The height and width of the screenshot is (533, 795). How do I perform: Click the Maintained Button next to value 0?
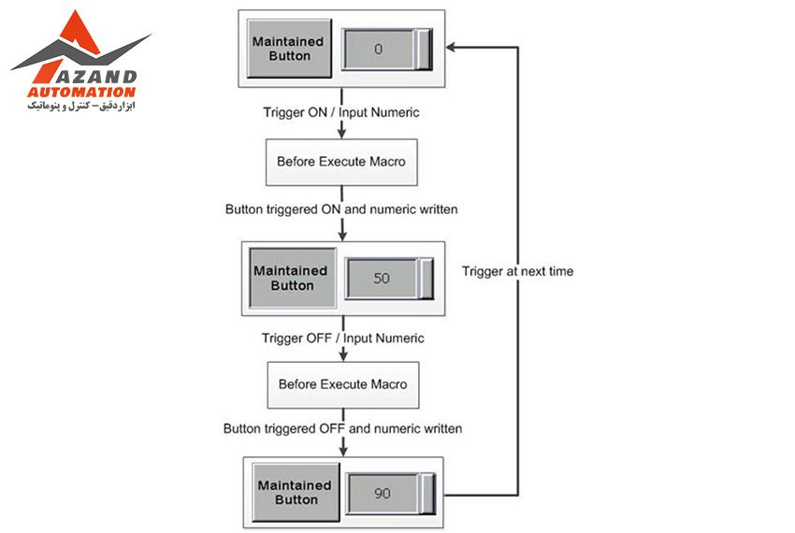click(x=289, y=49)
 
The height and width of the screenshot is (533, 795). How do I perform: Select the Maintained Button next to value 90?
click(x=295, y=493)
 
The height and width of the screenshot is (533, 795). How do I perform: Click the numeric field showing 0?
click(x=379, y=50)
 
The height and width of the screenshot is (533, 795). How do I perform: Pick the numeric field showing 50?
click(x=382, y=279)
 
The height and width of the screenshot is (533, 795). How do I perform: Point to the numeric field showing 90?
click(x=383, y=494)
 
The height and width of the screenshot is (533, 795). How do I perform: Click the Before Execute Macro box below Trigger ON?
click(x=340, y=162)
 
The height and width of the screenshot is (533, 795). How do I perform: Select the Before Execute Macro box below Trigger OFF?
click(x=342, y=384)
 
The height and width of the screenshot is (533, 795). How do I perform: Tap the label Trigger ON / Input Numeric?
click(x=340, y=112)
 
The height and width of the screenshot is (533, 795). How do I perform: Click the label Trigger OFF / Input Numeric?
click(x=342, y=338)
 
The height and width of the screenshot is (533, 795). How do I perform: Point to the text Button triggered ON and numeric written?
click(x=341, y=209)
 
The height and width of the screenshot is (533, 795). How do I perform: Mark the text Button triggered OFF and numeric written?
click(x=342, y=428)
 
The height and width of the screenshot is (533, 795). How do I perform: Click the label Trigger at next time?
click(x=517, y=271)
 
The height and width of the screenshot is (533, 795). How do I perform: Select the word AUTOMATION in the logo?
click(x=81, y=93)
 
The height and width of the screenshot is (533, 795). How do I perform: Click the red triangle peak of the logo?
click(x=72, y=23)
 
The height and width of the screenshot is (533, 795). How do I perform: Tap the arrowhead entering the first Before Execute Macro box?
click(x=340, y=135)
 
